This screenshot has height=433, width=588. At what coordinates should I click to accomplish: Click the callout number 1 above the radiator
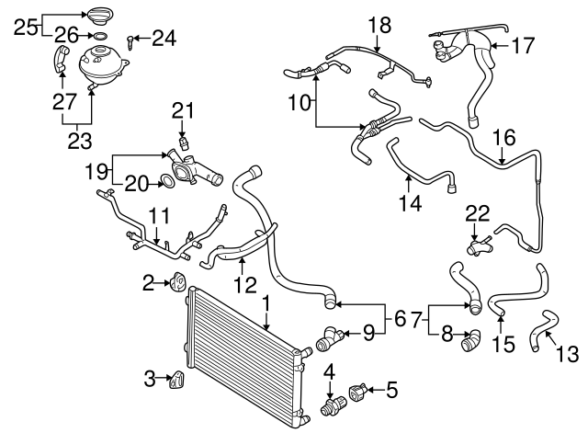[x=266, y=301]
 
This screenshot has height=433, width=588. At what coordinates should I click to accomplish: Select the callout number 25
[x=27, y=24]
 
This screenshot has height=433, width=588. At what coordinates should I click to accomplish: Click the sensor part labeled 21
[x=184, y=141]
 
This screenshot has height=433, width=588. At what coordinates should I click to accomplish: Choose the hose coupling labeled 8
[x=469, y=342]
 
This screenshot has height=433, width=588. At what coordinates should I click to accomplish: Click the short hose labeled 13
[x=541, y=329]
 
